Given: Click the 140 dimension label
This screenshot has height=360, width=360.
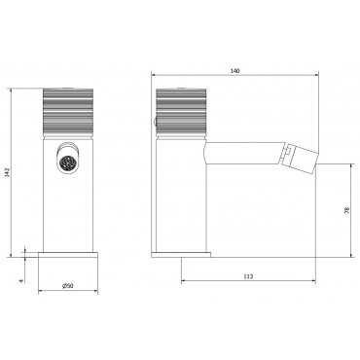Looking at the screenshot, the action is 235,71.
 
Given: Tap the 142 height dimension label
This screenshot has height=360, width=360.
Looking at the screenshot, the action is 8,172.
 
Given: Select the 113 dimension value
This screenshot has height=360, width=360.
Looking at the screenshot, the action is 248,276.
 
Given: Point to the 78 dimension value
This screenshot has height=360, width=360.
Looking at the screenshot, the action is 347,210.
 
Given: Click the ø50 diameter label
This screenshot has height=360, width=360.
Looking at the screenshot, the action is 68,286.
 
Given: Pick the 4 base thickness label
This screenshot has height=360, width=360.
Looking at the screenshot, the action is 21,281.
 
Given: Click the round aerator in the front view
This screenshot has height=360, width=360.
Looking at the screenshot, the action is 67,161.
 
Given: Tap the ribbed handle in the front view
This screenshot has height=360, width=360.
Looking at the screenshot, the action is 68,111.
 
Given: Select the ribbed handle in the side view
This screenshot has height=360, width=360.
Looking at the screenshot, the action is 181,111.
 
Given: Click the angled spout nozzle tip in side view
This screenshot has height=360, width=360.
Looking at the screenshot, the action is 300,160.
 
